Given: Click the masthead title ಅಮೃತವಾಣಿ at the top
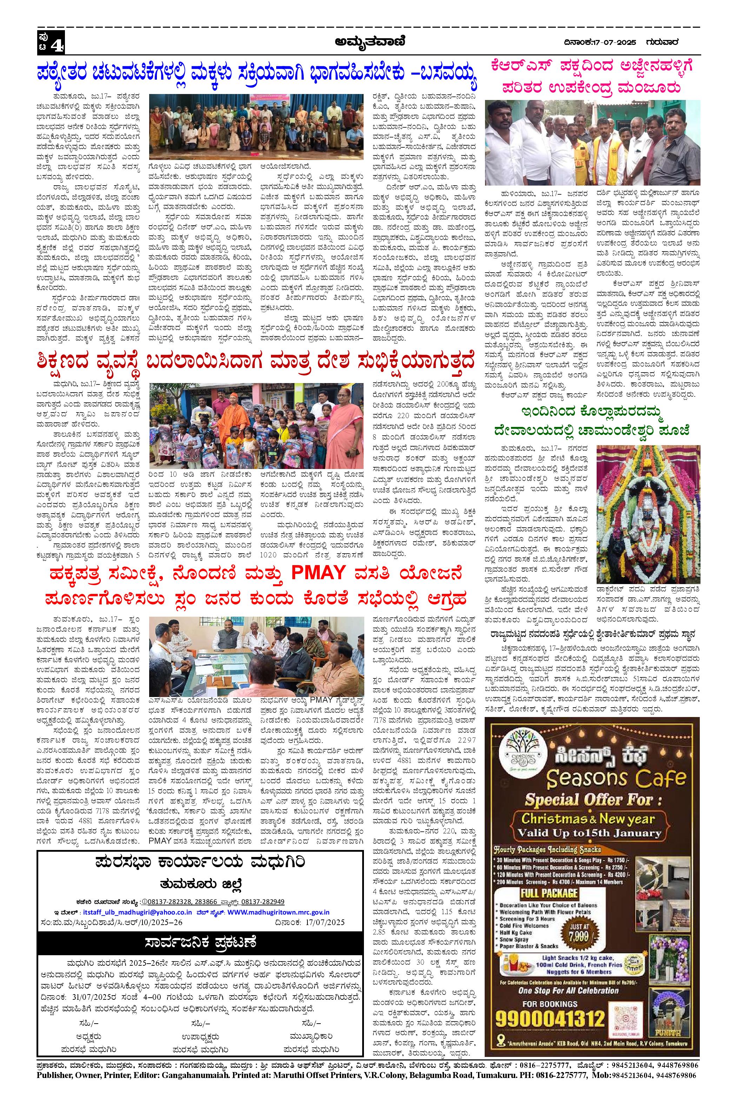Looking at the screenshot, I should coord(368,43).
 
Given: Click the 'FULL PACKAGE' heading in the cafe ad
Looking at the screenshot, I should coord(549,880).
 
